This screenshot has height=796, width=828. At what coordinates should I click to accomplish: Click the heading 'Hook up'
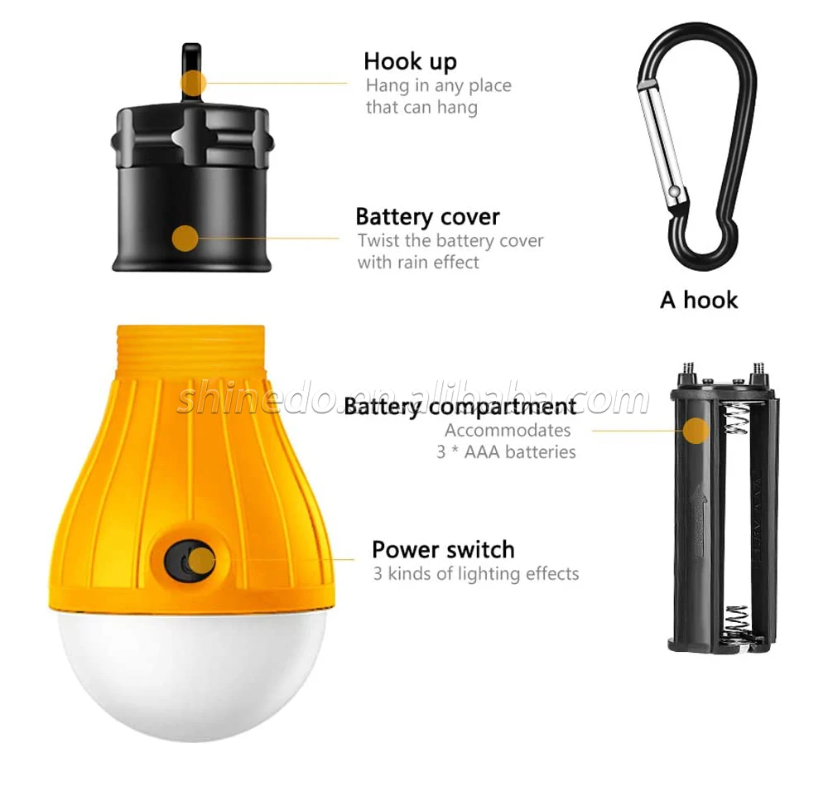(410, 62)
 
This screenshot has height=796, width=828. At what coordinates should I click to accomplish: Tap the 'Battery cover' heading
(427, 216)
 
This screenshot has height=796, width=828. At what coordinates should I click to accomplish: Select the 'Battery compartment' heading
(460, 407)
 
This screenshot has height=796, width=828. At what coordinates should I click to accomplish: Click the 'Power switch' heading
(443, 550)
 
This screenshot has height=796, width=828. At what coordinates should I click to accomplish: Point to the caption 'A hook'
(699, 300)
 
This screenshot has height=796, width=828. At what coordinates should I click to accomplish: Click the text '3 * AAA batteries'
(506, 452)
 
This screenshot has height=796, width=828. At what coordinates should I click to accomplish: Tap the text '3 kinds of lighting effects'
(476, 574)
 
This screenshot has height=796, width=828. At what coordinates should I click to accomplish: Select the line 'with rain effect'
(418, 263)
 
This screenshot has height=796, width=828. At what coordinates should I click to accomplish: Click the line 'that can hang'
(421, 107)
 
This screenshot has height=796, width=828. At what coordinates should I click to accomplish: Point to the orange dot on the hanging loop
(193, 83)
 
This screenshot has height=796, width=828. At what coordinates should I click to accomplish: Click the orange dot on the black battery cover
(185, 239)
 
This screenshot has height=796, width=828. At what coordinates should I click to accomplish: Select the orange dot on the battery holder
(696, 431)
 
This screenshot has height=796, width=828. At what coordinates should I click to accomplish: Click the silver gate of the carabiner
(663, 145)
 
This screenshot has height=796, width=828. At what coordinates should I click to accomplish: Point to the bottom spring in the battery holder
(735, 620)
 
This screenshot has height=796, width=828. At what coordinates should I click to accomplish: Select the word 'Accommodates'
(508, 431)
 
